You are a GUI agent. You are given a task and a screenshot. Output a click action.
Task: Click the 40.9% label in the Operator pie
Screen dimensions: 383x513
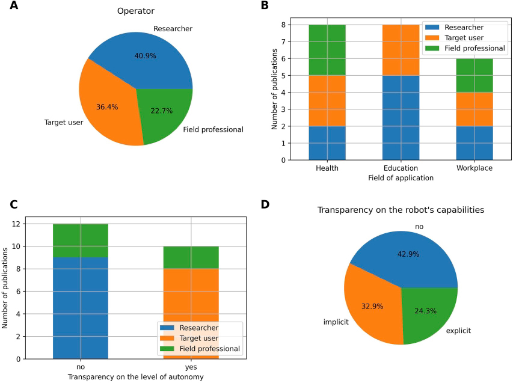[146, 56]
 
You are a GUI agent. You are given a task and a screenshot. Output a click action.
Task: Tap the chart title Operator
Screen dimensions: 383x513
[136, 11]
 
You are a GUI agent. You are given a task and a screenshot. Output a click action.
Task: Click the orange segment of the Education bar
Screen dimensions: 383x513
[400, 50]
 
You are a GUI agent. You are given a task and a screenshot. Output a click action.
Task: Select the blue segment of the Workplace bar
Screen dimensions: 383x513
[474, 143]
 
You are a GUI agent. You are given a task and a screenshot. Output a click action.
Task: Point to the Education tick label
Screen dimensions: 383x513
[400, 168]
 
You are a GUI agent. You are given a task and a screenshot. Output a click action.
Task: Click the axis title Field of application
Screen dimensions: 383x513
[400, 178]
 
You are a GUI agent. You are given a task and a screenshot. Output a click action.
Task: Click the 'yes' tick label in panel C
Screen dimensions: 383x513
[191, 367]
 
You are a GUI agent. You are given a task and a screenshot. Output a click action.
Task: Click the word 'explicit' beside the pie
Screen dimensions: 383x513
[458, 330]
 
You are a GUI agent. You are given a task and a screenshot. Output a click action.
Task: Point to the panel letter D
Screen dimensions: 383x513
[265, 205]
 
